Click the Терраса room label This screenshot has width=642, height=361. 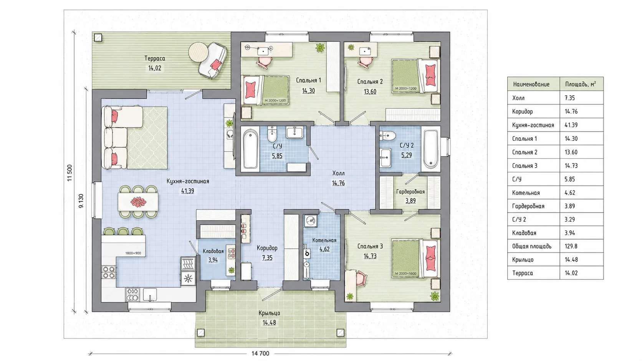click(x=155, y=59)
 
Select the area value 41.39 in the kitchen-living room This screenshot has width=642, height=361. click(x=187, y=191)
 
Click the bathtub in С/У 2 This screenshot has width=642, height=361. click(x=430, y=149)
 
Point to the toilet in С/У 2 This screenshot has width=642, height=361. click(x=387, y=135)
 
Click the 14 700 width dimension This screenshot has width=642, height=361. click(x=260, y=354)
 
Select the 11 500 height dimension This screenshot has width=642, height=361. click(x=69, y=173)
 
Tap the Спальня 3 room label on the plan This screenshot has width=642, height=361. click(x=370, y=246)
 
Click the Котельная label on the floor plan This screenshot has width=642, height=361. click(x=324, y=240)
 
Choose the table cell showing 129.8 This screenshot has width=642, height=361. click(x=571, y=246)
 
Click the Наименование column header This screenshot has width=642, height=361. click(x=531, y=84)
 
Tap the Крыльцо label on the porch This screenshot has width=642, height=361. click(x=269, y=313)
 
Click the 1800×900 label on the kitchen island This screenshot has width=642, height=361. click(x=133, y=253)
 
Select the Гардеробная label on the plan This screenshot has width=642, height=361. click(x=410, y=192)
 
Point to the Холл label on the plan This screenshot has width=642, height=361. click(x=338, y=173)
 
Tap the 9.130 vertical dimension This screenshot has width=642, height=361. click(x=81, y=201)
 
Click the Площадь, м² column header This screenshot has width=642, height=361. click(x=581, y=84)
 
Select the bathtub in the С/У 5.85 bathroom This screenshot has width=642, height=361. click(x=250, y=149)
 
